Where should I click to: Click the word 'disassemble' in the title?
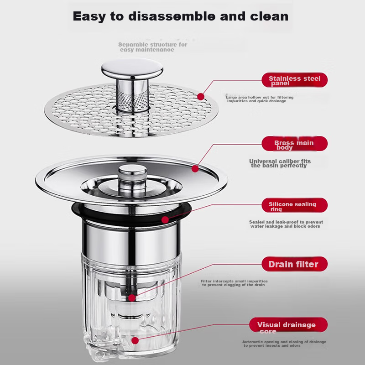point(172,16)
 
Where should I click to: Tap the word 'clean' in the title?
point(269,16)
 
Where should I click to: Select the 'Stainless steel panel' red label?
point(294,80)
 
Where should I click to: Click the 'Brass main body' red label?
point(294,144)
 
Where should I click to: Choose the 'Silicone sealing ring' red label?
point(294,205)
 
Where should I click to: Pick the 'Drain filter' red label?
point(294,264)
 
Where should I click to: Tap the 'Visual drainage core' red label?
point(288,325)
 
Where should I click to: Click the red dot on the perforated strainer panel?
point(201,97)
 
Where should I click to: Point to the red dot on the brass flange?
point(195,169)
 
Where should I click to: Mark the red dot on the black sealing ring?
point(165,220)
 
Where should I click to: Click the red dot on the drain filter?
point(132,298)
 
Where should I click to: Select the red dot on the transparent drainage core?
point(135,340)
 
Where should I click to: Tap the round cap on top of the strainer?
point(132,68)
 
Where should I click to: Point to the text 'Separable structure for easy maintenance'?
point(153,47)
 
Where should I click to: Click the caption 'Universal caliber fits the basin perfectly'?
point(280,163)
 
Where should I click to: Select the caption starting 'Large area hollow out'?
point(260,99)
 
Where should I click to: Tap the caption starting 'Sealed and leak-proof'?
point(286,224)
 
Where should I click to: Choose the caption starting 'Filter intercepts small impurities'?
point(234,283)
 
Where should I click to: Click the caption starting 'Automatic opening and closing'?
point(284,344)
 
